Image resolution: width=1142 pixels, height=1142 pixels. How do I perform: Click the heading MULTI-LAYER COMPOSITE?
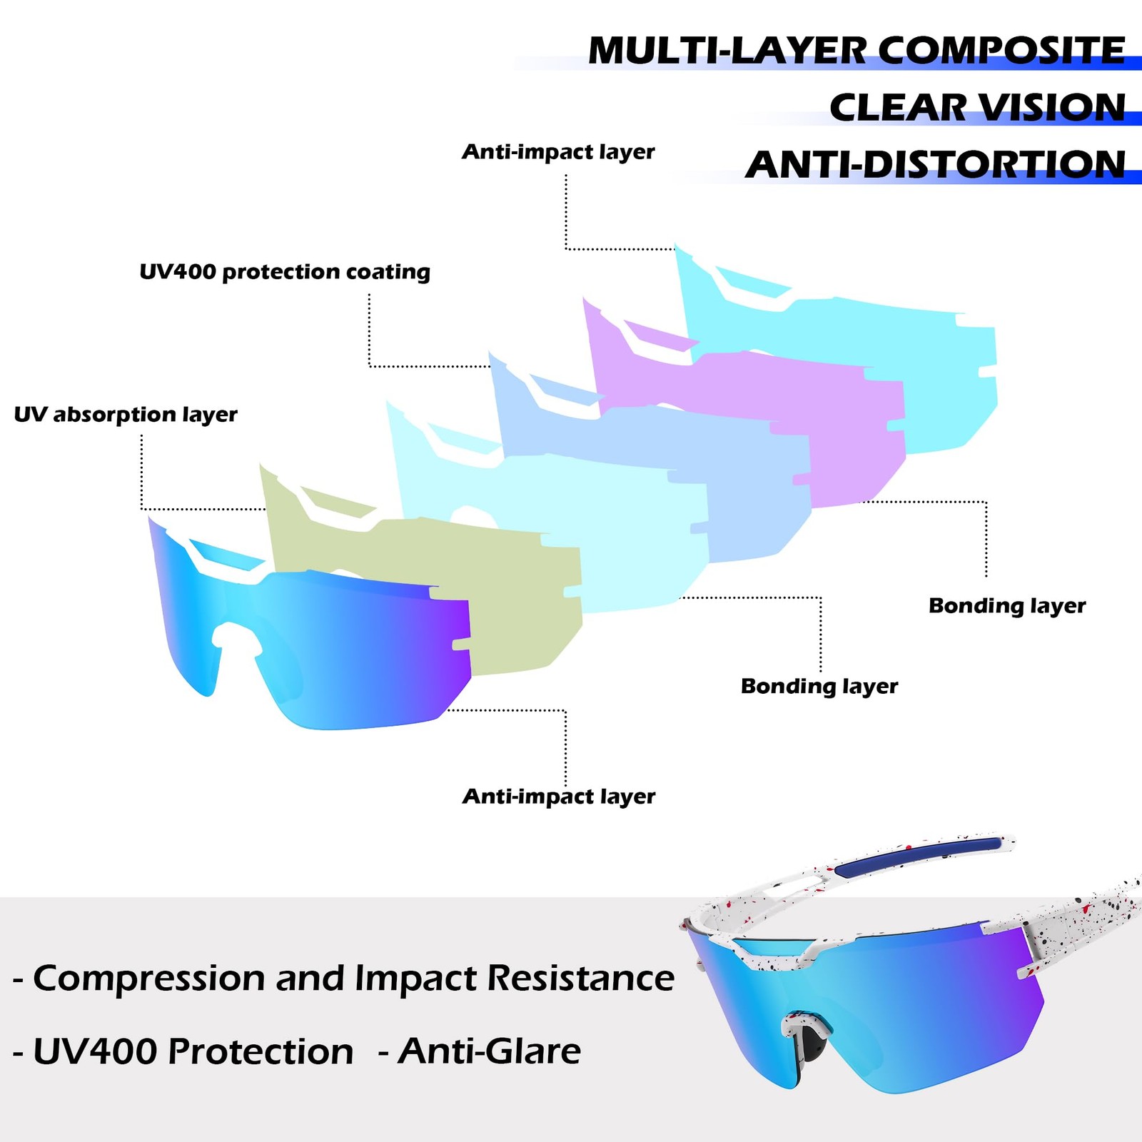pyautogui.click(x=856, y=51)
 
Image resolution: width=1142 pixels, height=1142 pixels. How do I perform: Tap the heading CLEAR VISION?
pyautogui.click(x=977, y=108)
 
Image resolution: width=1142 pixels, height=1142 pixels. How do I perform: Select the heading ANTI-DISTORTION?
pyautogui.click(x=936, y=165)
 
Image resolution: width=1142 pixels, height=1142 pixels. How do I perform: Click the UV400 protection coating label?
pyautogui.click(x=285, y=272)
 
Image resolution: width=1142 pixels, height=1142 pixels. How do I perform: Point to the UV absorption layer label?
pyautogui.click(x=126, y=415)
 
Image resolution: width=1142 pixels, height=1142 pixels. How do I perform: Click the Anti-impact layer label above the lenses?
pyautogui.click(x=558, y=152)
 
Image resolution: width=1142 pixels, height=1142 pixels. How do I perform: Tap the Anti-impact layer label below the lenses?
pyautogui.click(x=558, y=797)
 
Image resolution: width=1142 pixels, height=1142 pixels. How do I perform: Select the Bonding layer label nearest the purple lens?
pyautogui.click(x=1007, y=606)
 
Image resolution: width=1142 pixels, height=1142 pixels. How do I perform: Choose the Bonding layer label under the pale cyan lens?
pyautogui.click(x=819, y=687)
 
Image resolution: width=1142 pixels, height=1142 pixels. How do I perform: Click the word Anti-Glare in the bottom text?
pyautogui.click(x=490, y=1051)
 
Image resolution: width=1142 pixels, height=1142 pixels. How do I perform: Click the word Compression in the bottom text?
pyautogui.click(x=149, y=979)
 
